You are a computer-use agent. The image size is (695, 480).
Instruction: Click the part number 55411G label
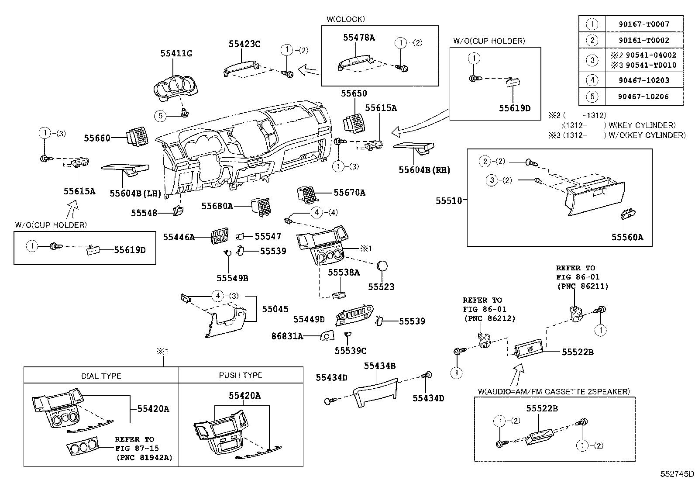point(176,53)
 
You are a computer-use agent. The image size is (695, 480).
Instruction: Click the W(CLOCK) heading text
point(345,19)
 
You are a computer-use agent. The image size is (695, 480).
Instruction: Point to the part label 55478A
point(359,38)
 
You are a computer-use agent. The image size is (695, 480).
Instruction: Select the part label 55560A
point(627,237)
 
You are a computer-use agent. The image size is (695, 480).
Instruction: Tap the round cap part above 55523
point(382,266)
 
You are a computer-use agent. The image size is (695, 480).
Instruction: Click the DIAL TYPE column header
point(101,376)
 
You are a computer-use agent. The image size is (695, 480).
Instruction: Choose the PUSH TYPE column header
point(241,375)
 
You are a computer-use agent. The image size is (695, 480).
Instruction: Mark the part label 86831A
point(287,336)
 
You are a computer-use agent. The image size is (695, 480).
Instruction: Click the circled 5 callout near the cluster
point(161,115)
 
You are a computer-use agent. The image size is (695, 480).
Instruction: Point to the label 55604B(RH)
point(424,170)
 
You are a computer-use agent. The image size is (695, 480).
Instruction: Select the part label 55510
point(448,200)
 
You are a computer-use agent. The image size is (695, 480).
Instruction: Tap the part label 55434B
point(380,366)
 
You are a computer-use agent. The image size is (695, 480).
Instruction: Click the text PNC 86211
point(582,286)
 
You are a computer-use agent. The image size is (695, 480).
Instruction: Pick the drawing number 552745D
point(677,473)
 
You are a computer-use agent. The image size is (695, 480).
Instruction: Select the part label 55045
point(275,309)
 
